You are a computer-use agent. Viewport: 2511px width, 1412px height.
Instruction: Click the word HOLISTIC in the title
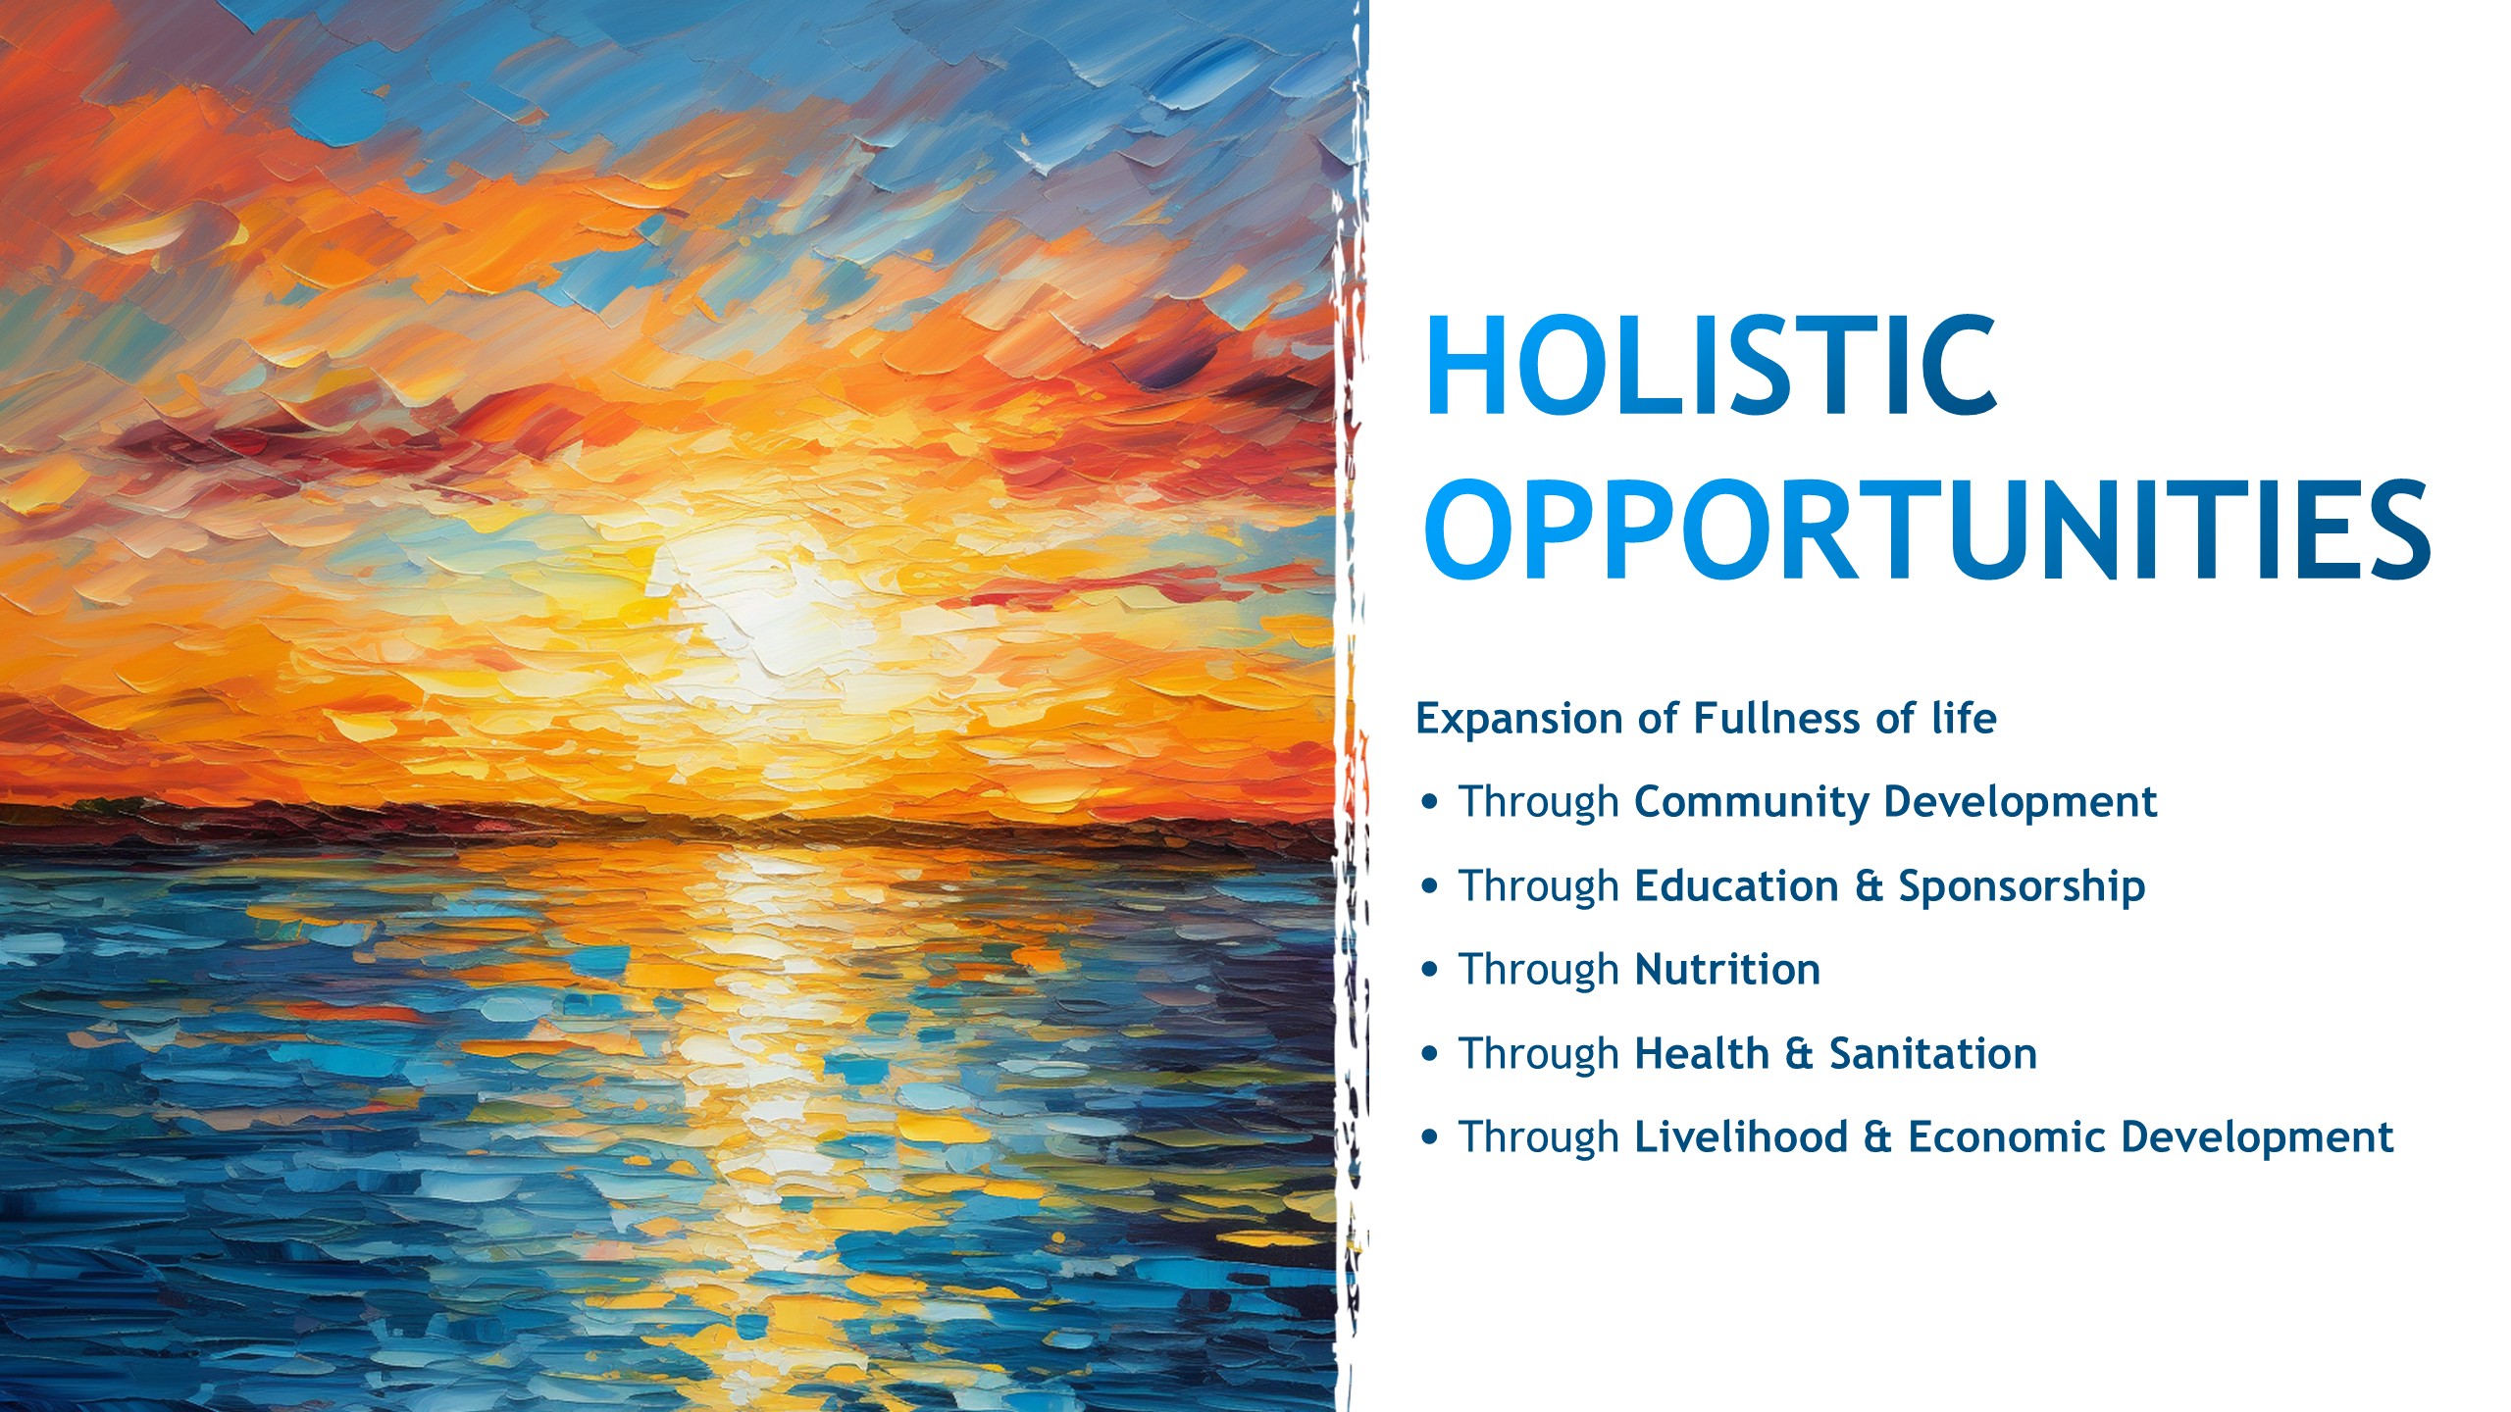(x=1712, y=366)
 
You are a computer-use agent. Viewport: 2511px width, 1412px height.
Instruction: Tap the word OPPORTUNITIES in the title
(x=1927, y=530)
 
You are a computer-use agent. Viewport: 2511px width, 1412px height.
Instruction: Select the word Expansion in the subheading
(x=1520, y=720)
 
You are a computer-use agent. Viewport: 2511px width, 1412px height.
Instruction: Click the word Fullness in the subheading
(x=1776, y=718)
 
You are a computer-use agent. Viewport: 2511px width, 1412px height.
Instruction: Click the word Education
(x=1736, y=885)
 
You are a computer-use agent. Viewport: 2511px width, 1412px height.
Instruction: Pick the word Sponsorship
(x=2022, y=887)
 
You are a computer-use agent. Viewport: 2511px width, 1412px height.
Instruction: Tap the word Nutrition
(x=1727, y=970)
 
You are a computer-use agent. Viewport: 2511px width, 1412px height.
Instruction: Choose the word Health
(x=1702, y=1053)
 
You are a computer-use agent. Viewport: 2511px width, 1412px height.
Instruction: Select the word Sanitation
(x=1933, y=1053)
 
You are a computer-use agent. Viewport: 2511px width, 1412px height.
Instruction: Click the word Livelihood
(x=1741, y=1137)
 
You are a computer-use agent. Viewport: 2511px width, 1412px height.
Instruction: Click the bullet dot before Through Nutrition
(x=1430, y=970)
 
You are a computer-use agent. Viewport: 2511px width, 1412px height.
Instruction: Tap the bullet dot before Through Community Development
(x=1430, y=802)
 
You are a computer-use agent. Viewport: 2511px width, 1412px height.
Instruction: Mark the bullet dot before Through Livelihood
(x=1430, y=1137)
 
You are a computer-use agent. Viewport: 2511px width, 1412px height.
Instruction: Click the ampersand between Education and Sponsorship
(x=1869, y=886)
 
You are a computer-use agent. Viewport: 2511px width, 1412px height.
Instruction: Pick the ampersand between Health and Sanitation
(x=1799, y=1054)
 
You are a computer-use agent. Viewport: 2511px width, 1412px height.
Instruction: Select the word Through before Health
(x=1538, y=1055)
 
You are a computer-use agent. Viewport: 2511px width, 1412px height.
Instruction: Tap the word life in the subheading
(x=1964, y=718)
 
